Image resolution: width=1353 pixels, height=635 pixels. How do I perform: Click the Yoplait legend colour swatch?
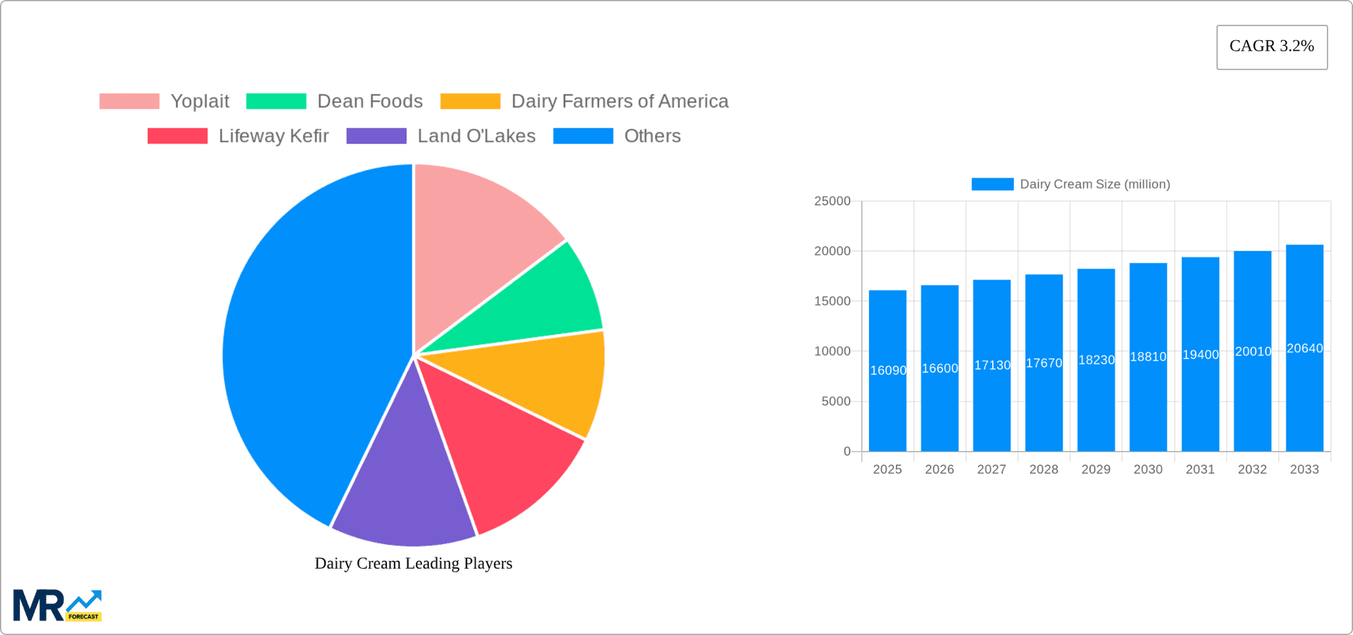coord(129,101)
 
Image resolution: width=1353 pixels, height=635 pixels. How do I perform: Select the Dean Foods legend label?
coord(370,101)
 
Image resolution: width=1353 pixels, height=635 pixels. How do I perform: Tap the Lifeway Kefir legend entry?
coord(273,136)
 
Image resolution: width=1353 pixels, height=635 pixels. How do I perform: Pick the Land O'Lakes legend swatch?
coord(376,136)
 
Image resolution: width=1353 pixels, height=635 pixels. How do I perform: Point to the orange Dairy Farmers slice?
coord(550,381)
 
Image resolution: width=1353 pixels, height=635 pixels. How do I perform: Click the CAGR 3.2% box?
coord(1272,47)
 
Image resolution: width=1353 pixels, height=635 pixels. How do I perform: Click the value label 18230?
coord(1096,360)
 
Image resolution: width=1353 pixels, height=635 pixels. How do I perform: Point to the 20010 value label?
coord(1253,352)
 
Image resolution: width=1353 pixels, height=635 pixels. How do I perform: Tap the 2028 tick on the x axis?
coord(1044,469)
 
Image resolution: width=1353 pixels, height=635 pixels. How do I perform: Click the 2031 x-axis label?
coord(1200,469)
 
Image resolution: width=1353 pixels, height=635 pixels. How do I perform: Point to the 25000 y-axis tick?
coord(832,202)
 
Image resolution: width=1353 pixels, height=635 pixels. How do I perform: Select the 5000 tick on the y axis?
coord(836,402)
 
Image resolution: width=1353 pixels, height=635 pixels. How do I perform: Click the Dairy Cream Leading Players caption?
coord(413,563)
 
